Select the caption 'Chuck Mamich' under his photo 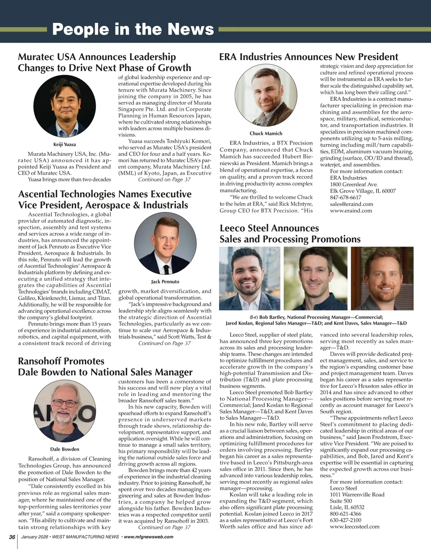coord(266,133)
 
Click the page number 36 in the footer coord(12,537)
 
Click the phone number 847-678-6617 coord(346,197)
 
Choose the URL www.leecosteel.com coord(354,526)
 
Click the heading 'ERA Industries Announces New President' coord(309,57)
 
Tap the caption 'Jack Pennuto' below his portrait coord(165,282)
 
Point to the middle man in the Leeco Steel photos coord(315,278)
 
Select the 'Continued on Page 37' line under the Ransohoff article coord(164,527)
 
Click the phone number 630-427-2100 coord(346,520)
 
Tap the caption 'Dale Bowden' coord(65,449)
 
